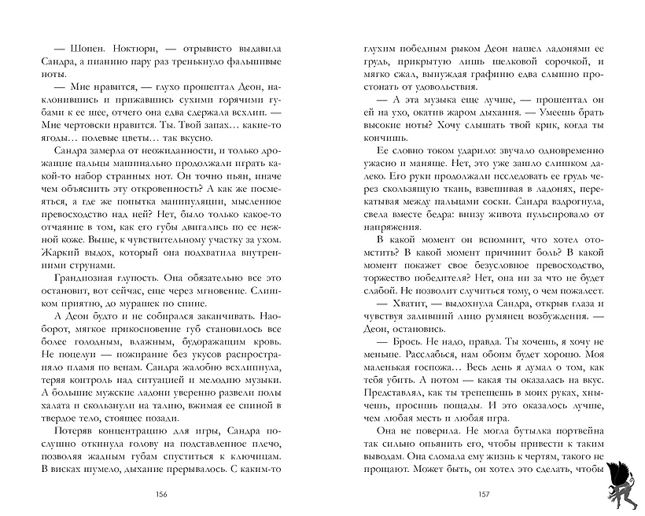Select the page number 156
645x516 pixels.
[161, 494]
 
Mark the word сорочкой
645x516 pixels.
[544, 60]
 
